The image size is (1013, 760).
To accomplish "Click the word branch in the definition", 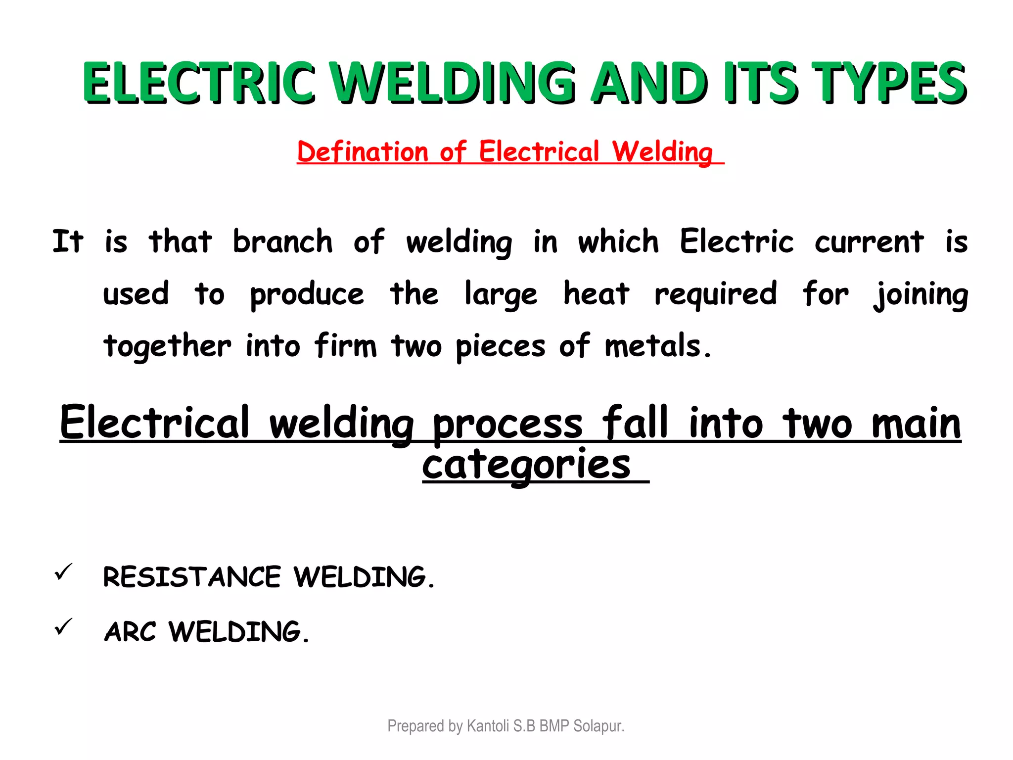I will coord(282,242).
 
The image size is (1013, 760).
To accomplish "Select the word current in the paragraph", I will coord(869,242).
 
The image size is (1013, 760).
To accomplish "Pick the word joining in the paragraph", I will coord(921,294).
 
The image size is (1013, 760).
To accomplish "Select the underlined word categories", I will coord(526,465).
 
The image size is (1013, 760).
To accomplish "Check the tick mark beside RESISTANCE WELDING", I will coord(64,572).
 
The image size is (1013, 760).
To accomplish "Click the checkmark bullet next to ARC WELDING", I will coord(64,627).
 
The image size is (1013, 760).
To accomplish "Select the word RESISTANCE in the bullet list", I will coord(192,577).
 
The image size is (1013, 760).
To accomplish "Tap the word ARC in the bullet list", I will coord(130,632).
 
